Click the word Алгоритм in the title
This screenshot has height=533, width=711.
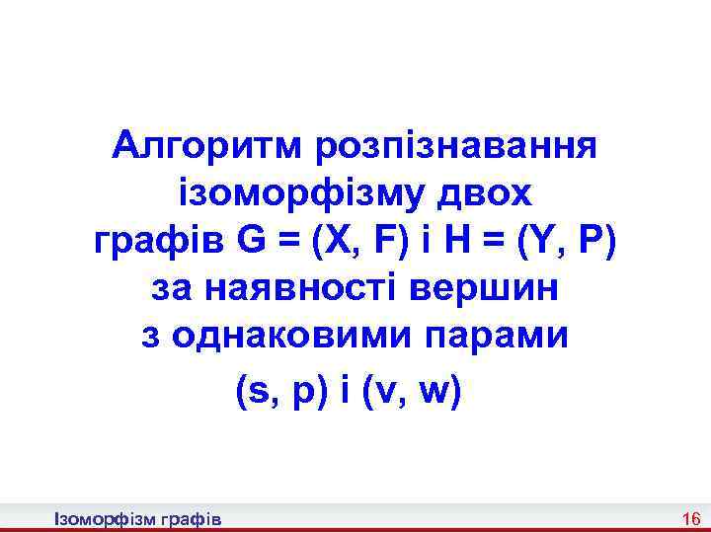206,147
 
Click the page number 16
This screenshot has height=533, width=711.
690,519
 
